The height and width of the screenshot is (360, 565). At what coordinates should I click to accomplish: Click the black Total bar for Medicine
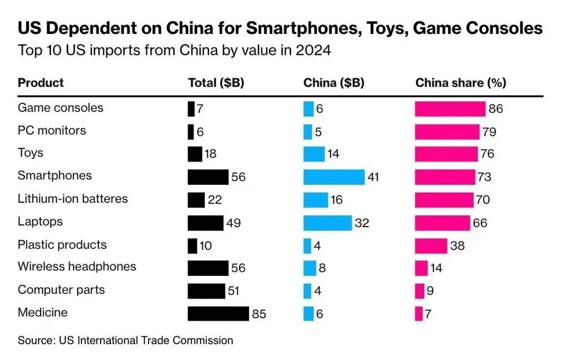click(x=218, y=314)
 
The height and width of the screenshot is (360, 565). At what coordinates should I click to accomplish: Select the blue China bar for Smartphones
click(x=334, y=177)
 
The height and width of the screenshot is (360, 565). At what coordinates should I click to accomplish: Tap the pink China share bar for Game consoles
click(x=450, y=109)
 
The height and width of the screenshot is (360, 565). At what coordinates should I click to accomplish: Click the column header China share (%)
click(x=460, y=83)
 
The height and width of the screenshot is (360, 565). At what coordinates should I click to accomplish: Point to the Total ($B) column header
click(x=216, y=83)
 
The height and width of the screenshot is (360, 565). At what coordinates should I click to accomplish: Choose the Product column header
click(x=41, y=83)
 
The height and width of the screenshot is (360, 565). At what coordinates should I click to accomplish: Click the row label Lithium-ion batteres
click(x=73, y=199)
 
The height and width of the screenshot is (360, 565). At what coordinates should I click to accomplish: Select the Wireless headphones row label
click(x=77, y=267)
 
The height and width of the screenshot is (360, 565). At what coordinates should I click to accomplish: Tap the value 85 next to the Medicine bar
click(x=259, y=314)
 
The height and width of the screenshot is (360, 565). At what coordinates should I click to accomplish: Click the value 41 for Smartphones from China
click(x=373, y=177)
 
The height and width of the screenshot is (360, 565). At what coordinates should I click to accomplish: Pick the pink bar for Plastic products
click(x=431, y=246)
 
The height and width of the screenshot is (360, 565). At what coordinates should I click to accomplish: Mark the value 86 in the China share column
click(x=496, y=109)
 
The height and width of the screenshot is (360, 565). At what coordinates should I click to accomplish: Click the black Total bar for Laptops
click(x=206, y=223)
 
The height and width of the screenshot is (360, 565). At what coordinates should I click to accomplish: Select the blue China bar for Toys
click(x=314, y=154)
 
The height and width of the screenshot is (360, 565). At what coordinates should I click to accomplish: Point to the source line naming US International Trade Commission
click(x=125, y=340)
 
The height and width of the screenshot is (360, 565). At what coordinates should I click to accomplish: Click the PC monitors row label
click(x=52, y=131)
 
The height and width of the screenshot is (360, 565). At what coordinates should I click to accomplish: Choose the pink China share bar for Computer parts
click(x=419, y=291)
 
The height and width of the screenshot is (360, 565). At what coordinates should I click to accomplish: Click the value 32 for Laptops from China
click(x=362, y=223)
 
